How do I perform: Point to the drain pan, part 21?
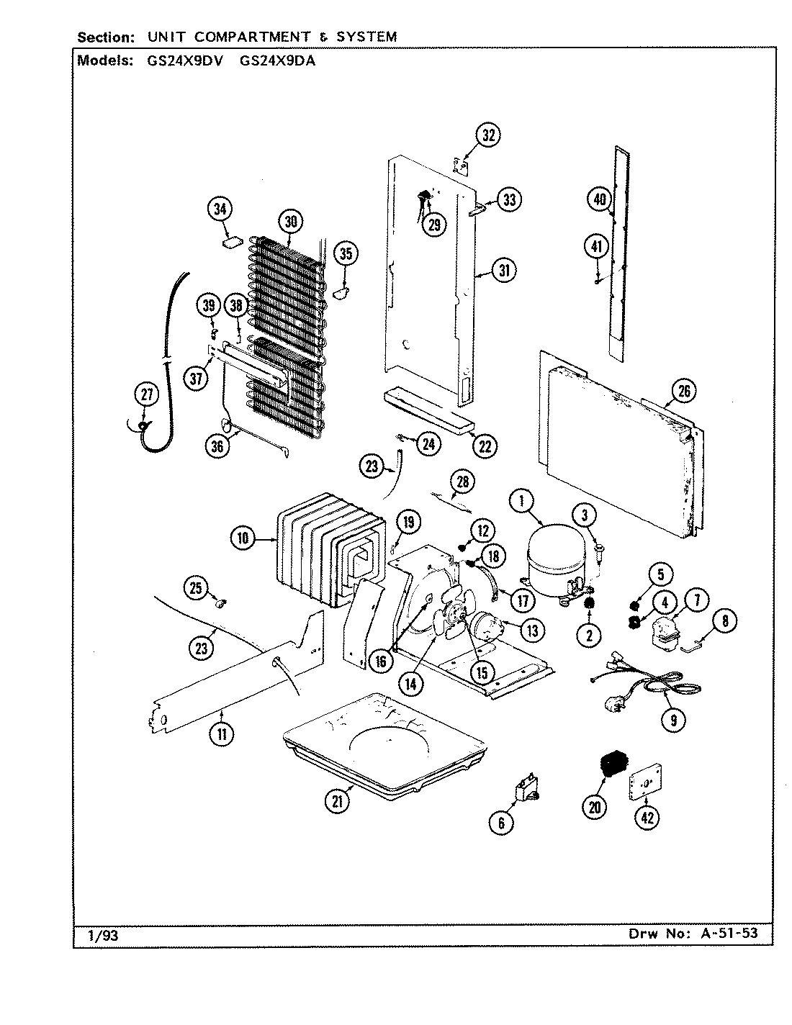[x=382, y=741]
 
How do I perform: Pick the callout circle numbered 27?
[x=146, y=394]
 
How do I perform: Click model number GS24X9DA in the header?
[x=276, y=61]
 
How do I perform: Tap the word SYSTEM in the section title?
[x=367, y=37]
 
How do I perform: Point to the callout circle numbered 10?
[x=243, y=538]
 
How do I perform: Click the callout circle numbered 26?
[x=684, y=391]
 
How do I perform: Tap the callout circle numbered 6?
[x=501, y=823]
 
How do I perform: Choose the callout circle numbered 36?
[x=217, y=446]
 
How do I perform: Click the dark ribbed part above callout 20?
[x=613, y=765]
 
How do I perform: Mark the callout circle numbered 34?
[x=220, y=209]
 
